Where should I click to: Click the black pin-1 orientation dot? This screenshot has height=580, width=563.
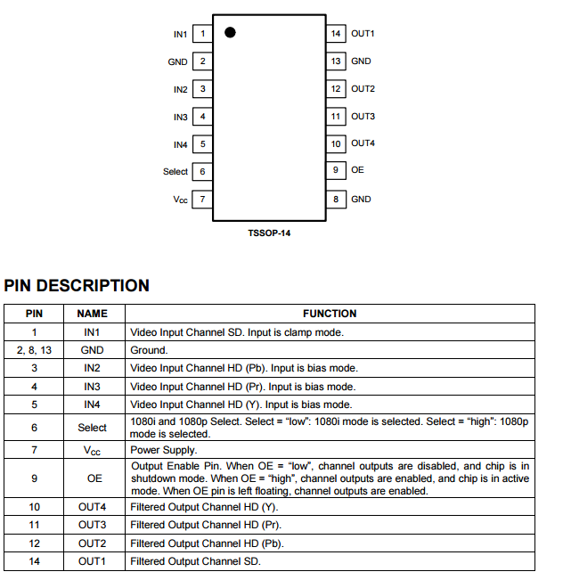(230, 33)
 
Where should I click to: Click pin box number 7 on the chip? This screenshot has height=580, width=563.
(202, 200)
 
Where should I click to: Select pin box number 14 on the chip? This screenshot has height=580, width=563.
(336, 34)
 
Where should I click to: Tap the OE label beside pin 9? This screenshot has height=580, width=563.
(357, 169)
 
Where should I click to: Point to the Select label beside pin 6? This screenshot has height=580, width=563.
(175, 172)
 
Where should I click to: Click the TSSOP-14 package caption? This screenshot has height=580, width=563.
(269, 233)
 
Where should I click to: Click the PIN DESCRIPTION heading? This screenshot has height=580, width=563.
(77, 286)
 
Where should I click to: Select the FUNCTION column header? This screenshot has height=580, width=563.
(330, 314)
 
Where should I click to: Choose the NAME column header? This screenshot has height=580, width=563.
(92, 314)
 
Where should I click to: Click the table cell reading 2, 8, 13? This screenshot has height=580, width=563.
(34, 350)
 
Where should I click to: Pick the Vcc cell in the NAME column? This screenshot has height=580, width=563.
(92, 451)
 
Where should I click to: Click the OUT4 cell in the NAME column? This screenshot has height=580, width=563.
(92, 506)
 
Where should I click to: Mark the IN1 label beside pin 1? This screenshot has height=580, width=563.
(180, 34)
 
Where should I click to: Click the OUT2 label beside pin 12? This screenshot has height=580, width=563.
(363, 89)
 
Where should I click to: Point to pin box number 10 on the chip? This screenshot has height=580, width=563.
(336, 143)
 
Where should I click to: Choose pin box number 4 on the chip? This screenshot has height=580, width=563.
(202, 117)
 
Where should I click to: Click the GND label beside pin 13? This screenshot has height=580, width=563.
(361, 61)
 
